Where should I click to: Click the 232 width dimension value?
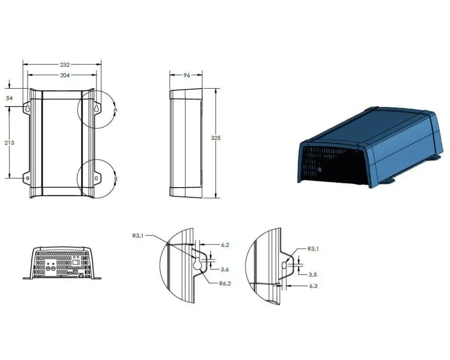tap(65, 65)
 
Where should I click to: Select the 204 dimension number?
tap(65, 75)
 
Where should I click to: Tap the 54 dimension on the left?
tap(9, 98)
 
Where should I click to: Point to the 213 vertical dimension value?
tap(9, 143)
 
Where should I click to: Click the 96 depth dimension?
tap(187, 75)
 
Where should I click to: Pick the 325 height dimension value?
tap(216, 138)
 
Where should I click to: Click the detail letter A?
tap(116, 110)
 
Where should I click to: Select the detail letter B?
tap(116, 179)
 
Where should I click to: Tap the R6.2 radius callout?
tap(225, 283)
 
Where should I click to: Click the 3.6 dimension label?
tap(225, 270)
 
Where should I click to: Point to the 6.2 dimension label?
tap(225, 245)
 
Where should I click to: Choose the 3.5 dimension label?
tap(313, 275)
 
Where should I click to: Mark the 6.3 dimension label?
tap(313, 286)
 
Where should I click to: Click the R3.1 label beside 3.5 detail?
tap(313, 249)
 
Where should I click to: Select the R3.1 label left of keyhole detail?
tap(138, 236)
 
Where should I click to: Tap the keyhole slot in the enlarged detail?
tap(197, 264)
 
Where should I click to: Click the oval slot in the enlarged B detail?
tap(284, 265)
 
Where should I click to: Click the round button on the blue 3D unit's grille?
tap(319, 170)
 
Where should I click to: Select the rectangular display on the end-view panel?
tap(76, 262)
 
